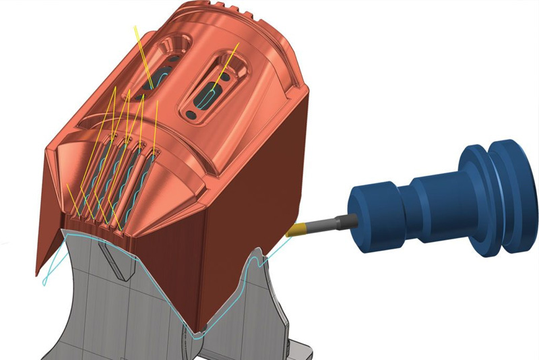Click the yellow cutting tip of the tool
click(297, 230)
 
